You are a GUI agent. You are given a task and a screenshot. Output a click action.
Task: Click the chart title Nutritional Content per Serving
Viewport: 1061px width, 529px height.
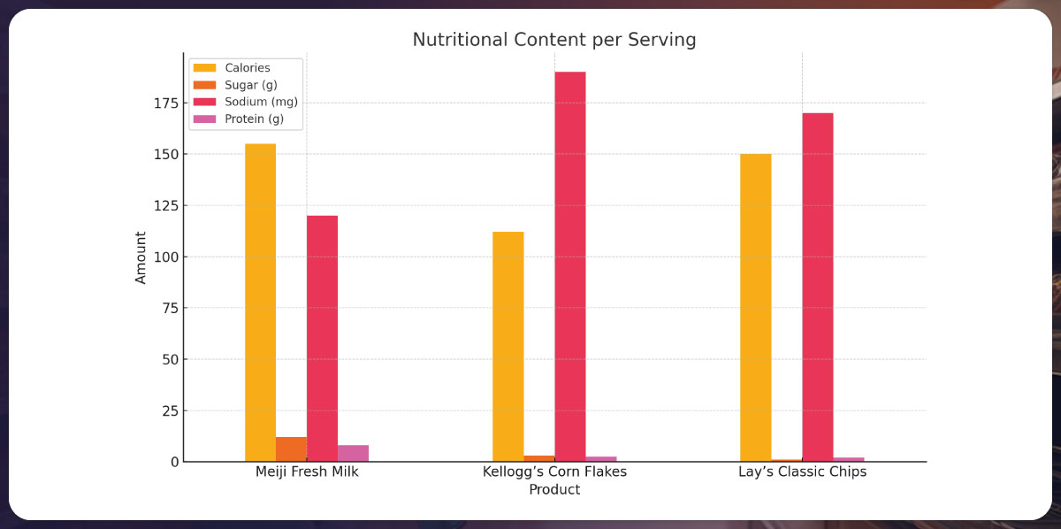(554, 40)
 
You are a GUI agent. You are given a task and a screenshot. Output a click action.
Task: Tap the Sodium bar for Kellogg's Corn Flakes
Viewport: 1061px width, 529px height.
(569, 266)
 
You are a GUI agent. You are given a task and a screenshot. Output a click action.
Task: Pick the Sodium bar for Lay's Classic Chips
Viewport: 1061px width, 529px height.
(817, 287)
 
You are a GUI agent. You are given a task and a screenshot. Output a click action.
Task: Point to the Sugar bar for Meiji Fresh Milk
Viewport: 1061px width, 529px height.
(291, 449)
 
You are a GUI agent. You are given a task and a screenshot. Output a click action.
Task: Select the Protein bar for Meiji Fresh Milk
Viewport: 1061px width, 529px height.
(353, 453)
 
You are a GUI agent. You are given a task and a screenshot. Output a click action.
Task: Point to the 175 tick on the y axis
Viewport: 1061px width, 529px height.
(165, 103)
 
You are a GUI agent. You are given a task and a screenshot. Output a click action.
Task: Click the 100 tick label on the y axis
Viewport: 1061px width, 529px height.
(165, 257)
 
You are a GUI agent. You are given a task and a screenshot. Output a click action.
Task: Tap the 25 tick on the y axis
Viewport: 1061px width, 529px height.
(169, 411)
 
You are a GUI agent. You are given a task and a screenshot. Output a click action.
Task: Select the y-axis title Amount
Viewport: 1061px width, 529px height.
(141, 257)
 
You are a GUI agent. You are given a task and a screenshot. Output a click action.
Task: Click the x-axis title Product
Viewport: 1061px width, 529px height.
(554, 489)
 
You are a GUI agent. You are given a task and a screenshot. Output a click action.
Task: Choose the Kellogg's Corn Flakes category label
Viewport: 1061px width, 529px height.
(554, 471)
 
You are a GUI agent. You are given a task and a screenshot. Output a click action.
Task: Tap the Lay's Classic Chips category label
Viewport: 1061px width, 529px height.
(802, 471)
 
